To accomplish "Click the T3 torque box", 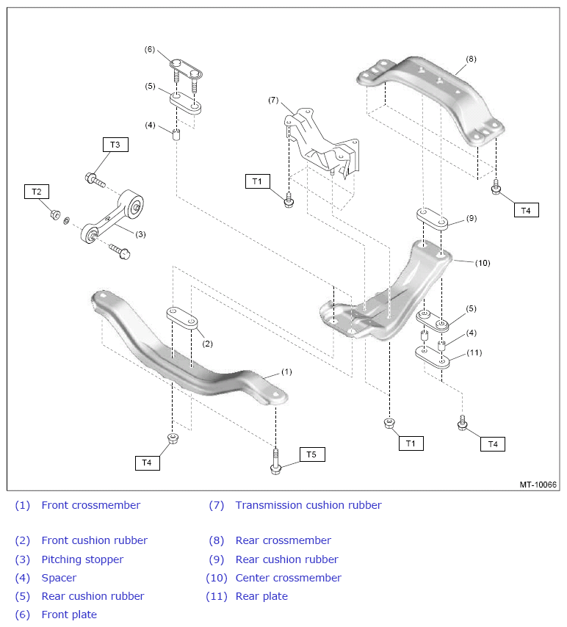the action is coord(115,145).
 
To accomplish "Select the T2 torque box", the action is coord(37,192).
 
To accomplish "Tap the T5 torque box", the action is coord(312,454).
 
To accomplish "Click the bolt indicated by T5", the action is coord(275,463).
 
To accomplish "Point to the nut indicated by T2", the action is coord(55,214).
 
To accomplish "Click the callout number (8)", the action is coord(471,59).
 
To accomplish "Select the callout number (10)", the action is coord(483,263).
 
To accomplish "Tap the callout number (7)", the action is coord(273,100).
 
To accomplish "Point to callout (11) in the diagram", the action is coord(474,352).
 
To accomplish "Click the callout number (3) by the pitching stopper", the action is coord(140,234).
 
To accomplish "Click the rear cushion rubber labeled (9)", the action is coord(432,218).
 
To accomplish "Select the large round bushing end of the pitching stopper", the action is coord(131,203).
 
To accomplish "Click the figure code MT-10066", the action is coord(538,485).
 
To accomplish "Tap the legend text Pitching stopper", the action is coord(82,559).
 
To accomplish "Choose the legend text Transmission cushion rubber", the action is coord(308,505).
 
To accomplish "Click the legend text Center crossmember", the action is coord(289,578).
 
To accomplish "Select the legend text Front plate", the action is coord(69,615).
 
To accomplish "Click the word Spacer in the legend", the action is coord(59,578).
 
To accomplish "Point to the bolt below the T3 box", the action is coord(95,180).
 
